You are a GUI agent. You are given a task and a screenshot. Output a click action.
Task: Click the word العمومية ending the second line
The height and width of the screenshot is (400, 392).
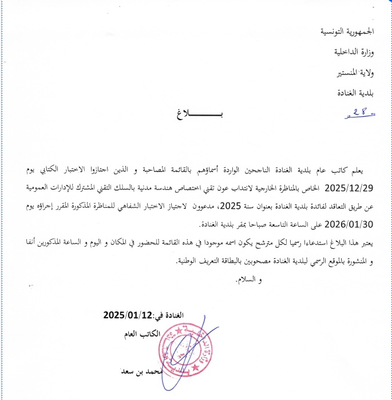coord(363,188)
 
